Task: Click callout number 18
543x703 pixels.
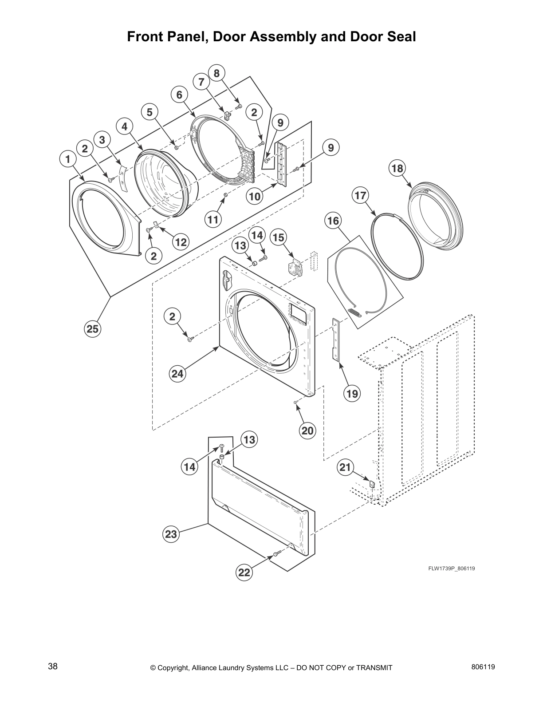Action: tap(397, 169)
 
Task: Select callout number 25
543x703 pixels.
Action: tap(93, 329)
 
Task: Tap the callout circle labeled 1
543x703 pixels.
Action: tap(67, 158)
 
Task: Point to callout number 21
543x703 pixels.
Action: tap(346, 466)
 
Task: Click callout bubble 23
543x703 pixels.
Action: tap(171, 534)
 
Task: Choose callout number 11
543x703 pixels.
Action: tap(213, 219)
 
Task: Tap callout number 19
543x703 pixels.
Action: tap(352, 393)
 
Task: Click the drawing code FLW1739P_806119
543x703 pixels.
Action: tap(451, 569)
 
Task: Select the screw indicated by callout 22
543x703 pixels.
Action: tap(276, 554)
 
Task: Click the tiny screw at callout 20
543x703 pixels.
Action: tap(295, 402)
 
